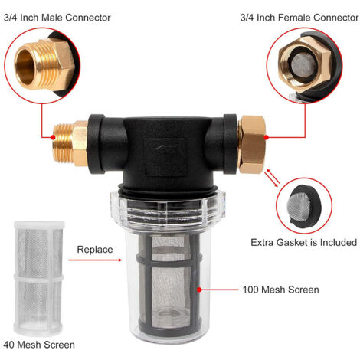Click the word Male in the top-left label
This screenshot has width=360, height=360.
pyautogui.click(x=52, y=18)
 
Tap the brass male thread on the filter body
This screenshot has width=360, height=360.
pyautogui.click(x=63, y=143)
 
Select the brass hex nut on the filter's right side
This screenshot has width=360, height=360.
pyautogui.click(x=252, y=144)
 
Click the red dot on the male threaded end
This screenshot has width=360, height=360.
pyautogui.click(x=53, y=137)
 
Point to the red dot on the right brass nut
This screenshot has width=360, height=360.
pyautogui.click(x=266, y=137)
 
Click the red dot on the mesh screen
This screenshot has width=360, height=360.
pyautogui.click(x=199, y=290)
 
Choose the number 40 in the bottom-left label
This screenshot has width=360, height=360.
pyautogui.click(x=9, y=345)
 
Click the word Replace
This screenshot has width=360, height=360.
pyautogui.click(x=95, y=250)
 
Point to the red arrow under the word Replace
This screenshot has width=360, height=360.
pyautogui.click(x=95, y=260)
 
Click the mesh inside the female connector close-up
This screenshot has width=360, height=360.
pyautogui.click(x=303, y=65)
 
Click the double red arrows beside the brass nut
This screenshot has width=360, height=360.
pyautogui.click(x=272, y=178)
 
